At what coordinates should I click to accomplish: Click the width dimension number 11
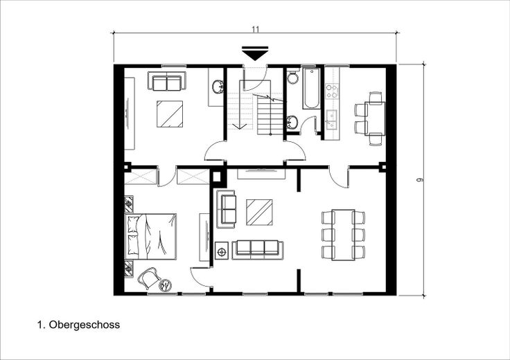point(256,29)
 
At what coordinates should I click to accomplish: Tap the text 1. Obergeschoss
point(80,323)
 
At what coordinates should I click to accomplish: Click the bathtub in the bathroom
point(310,88)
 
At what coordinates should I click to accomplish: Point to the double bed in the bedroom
point(150,235)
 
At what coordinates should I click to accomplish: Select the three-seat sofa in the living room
point(256,249)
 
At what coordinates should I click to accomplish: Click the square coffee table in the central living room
point(259,213)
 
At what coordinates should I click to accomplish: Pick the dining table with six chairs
point(343,234)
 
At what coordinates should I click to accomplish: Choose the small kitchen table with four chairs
point(375,118)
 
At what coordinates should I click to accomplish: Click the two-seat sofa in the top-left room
point(167,82)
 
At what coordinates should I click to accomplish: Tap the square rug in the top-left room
point(170,114)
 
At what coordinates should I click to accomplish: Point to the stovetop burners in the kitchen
point(331,90)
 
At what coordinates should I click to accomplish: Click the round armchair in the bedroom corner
point(150,278)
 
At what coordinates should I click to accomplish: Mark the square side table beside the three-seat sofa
point(222,251)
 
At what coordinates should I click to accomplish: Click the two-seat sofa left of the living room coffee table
point(227,210)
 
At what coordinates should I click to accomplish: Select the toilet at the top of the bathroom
point(292,78)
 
